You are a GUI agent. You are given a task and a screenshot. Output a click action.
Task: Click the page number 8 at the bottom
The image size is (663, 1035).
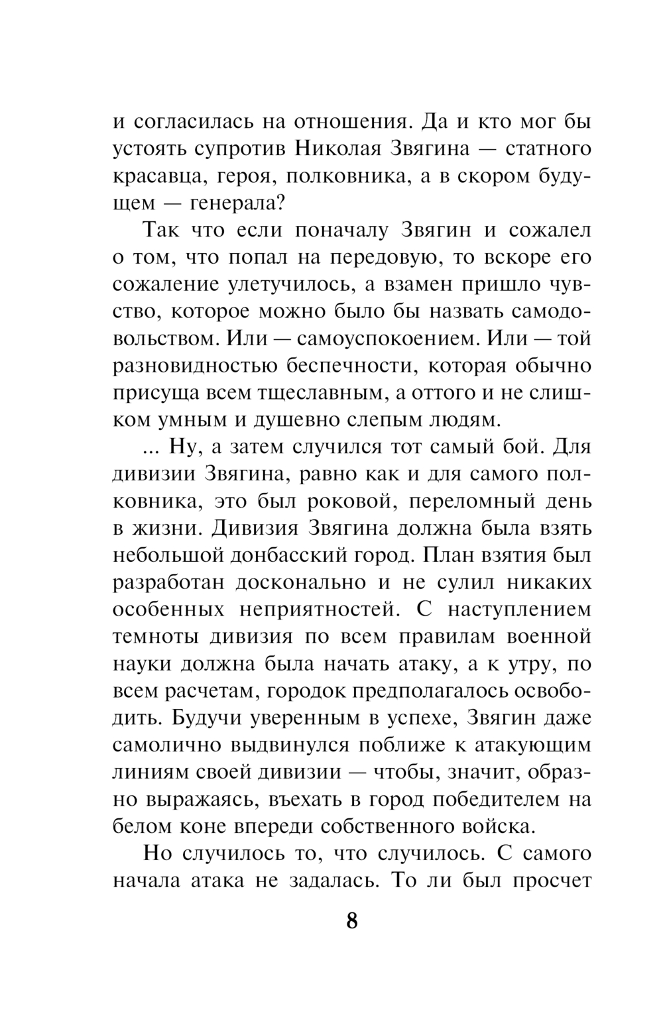[352, 920]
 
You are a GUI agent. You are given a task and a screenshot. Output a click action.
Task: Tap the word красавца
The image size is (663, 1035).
[154, 176]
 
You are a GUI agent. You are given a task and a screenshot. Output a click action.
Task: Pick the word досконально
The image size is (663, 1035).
[312, 582]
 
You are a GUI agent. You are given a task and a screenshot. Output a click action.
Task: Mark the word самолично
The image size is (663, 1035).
[167, 745]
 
